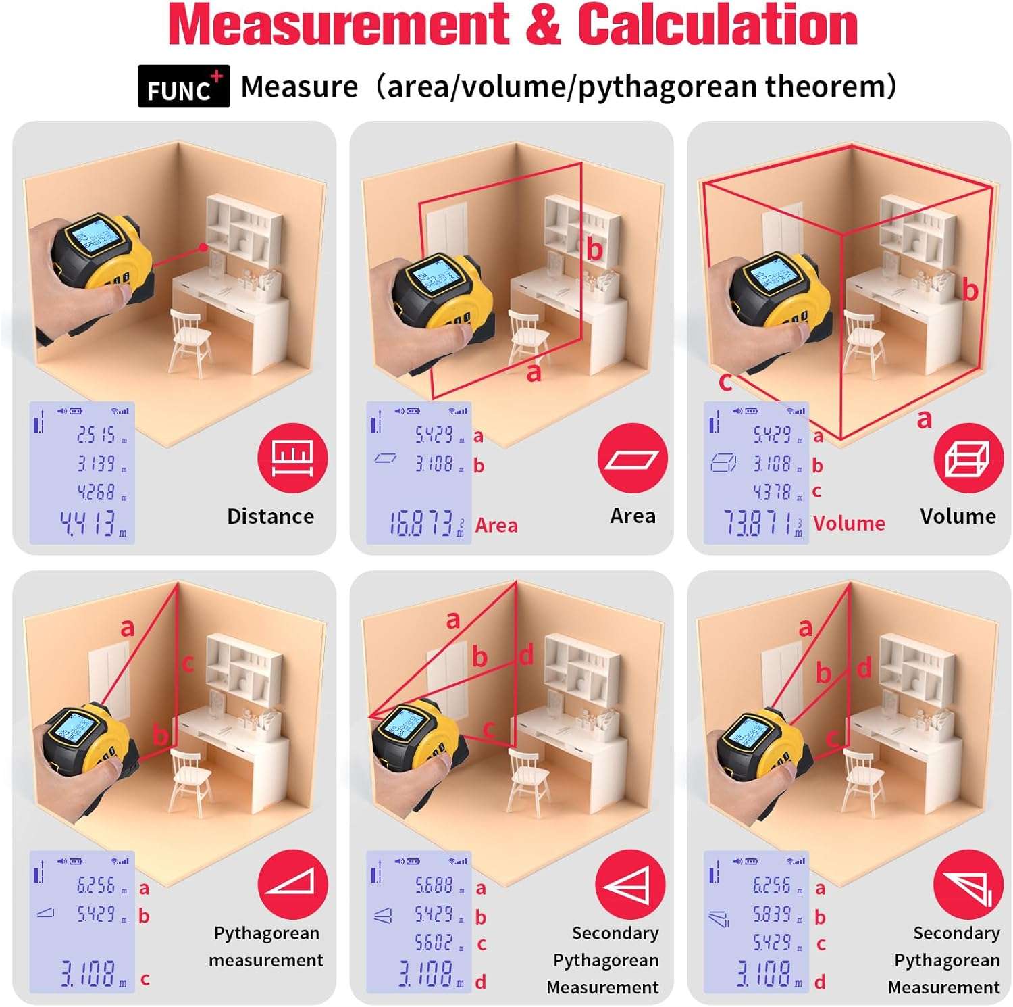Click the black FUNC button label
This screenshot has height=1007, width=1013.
click(x=183, y=87)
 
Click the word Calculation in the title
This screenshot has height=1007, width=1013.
click(x=717, y=25)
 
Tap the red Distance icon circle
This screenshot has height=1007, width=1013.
click(x=292, y=459)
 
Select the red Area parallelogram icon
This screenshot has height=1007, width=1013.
click(x=632, y=459)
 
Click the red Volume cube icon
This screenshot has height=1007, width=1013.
click(x=968, y=459)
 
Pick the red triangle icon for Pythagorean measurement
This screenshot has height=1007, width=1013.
click(x=292, y=885)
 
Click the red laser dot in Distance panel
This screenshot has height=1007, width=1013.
click(x=203, y=247)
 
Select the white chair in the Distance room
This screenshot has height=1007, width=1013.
click(x=188, y=341)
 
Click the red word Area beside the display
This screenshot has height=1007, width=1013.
click(x=496, y=525)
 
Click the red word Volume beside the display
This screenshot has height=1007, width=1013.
click(x=849, y=523)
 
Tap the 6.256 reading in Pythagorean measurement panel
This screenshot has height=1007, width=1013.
click(x=97, y=885)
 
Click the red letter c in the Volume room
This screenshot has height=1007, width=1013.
click(x=725, y=383)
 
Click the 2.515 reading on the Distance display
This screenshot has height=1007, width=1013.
click(x=97, y=435)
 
